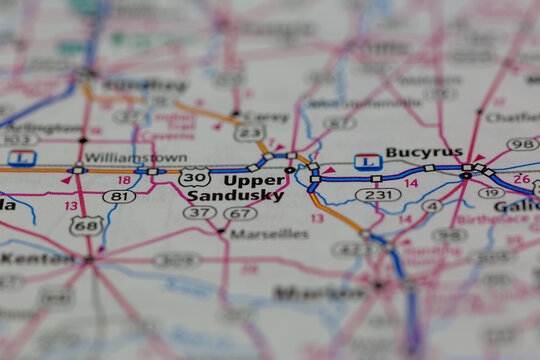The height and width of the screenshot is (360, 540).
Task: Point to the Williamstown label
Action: (121, 157)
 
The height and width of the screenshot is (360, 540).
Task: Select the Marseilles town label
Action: (269, 234)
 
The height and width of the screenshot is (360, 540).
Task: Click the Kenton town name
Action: (37, 258)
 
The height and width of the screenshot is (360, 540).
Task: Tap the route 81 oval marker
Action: (119, 197)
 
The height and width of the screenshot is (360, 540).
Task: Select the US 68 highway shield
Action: (85, 225)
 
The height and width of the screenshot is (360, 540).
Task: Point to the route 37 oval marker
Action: (199, 213)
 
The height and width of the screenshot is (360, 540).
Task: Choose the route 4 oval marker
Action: (431, 206)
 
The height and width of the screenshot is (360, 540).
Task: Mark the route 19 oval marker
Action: (491, 193)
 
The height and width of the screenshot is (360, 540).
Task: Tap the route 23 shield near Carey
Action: (251, 131)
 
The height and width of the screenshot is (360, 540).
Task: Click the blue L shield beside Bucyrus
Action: (367, 161)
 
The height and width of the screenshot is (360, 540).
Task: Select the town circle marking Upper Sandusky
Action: (290, 171)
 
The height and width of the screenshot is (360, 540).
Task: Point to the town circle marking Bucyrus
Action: (465, 176)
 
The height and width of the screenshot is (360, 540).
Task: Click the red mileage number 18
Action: (124, 180)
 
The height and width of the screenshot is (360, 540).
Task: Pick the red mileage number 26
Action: (521, 178)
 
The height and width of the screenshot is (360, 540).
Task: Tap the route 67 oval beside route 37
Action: (240, 213)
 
